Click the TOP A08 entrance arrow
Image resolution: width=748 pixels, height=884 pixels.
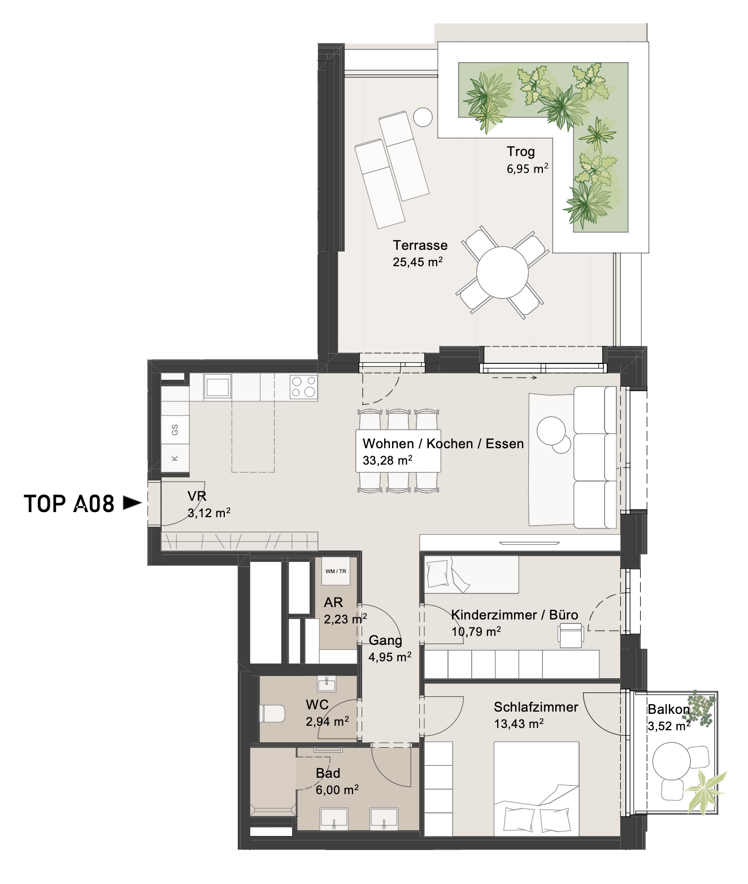[132, 503]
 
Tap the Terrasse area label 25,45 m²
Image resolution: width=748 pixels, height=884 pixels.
[418, 262]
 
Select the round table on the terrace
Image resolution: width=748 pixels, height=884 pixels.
[502, 272]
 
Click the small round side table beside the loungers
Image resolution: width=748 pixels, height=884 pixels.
[423, 117]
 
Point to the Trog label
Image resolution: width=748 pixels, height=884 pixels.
[521, 152]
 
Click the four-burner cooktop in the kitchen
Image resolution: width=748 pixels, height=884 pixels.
[303, 386]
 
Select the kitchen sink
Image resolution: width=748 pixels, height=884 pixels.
[218, 386]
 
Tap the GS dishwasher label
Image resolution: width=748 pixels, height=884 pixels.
[175, 430]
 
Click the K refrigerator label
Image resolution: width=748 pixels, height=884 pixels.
[175, 458]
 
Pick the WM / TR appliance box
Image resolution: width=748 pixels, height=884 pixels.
[336, 571]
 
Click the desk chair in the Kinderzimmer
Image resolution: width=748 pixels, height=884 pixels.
[571, 632]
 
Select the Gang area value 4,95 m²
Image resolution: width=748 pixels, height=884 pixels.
[390, 657]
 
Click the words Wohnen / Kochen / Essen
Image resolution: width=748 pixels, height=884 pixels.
[443, 444]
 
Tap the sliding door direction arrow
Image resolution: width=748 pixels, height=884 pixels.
[515, 378]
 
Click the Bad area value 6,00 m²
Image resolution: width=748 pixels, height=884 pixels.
[337, 790]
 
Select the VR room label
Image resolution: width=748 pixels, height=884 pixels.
[197, 496]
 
